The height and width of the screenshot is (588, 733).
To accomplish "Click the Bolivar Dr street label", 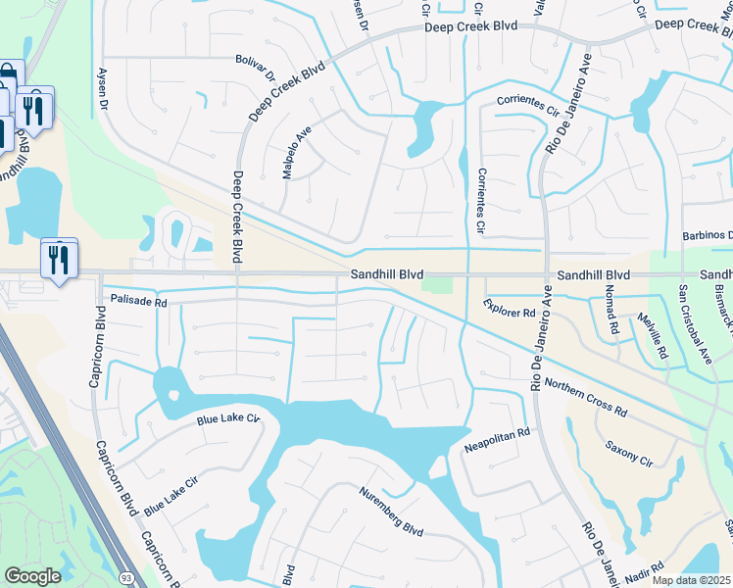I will [257, 67].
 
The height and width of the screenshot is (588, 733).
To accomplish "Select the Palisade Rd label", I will [139, 303].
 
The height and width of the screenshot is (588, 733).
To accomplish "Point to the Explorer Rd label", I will [510, 309].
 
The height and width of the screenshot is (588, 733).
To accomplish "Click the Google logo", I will [32, 576].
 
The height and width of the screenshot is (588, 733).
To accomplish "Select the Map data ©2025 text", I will [691, 580].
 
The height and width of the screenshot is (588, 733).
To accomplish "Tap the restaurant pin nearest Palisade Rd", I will [58, 259].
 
